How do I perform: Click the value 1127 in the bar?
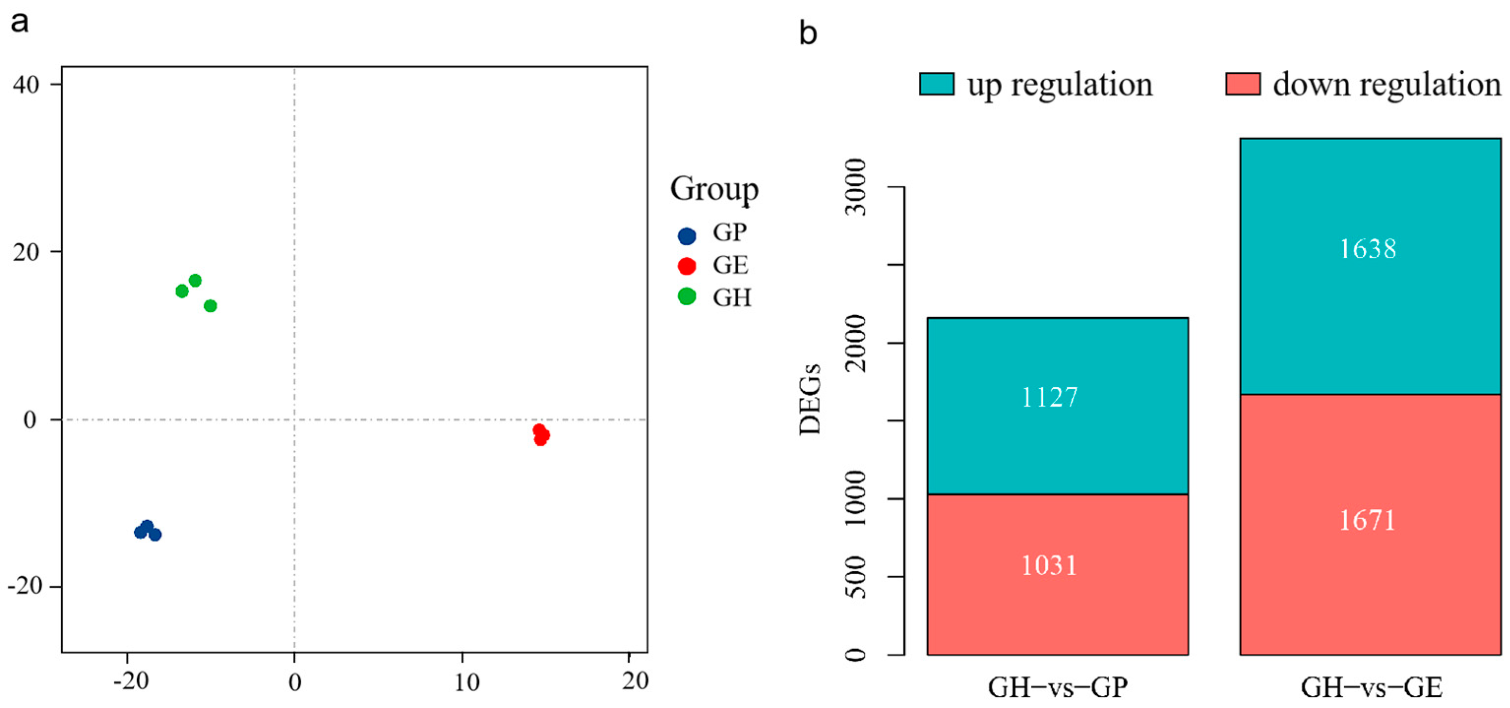[1049, 398]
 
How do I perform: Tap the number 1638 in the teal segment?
[1368, 249]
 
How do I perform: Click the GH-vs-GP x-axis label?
[1057, 687]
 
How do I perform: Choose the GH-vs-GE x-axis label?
[1372, 687]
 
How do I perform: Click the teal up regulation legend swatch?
[936, 84]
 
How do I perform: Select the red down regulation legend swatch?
[1243, 84]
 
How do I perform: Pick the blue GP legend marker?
[687, 236]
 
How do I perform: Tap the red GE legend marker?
[687, 266]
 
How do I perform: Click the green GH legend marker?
[687, 296]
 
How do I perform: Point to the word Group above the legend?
[714, 189]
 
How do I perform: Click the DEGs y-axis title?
[810, 399]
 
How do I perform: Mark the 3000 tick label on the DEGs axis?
[856, 186]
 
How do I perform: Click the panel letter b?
[808, 33]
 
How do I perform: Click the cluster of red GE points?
[541, 435]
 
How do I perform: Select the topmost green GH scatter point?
[195, 281]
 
